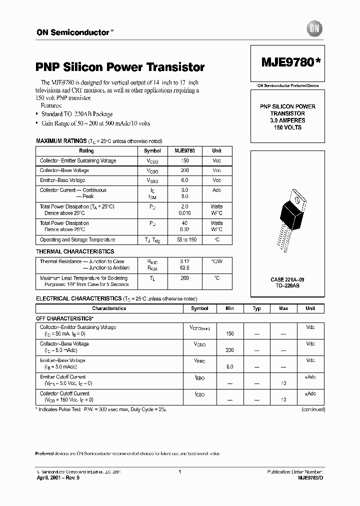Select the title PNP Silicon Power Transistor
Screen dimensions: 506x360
pyautogui.click(x=120, y=67)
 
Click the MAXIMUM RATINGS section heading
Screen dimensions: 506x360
pyautogui.click(x=61, y=141)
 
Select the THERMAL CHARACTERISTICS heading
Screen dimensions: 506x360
pyautogui.click(x=75, y=251)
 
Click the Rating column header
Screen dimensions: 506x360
pyautogui.click(x=86, y=150)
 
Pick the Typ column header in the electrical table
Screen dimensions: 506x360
pyautogui.click(x=256, y=308)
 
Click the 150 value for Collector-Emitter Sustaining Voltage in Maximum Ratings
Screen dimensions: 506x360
pyautogui.click(x=184, y=160)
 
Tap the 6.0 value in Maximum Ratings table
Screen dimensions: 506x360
pyautogui.click(x=184, y=180)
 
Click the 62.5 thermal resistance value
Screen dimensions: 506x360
pyautogui.click(x=184, y=267)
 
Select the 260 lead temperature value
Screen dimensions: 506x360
pyautogui.click(x=184, y=278)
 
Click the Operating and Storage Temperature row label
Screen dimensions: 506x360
pyautogui.click(x=77, y=240)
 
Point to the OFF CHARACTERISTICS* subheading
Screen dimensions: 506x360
pyautogui.click(x=64, y=318)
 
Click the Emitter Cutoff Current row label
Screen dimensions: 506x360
pyautogui.click(x=63, y=377)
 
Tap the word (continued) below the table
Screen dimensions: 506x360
pyautogui.click(x=313, y=409)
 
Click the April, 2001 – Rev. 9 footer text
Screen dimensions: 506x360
pyautogui.click(x=58, y=477)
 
